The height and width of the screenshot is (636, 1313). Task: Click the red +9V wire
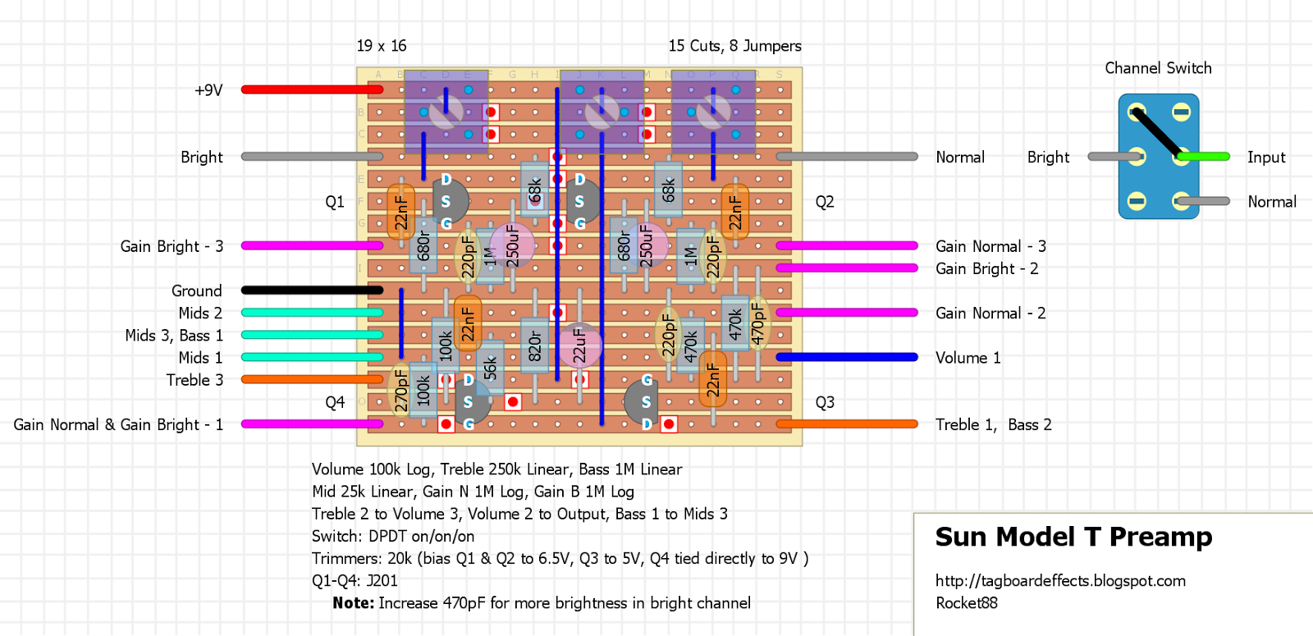312,89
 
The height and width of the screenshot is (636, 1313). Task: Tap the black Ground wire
312,290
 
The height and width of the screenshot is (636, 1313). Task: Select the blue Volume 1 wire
846,357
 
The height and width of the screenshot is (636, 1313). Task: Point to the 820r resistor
534,345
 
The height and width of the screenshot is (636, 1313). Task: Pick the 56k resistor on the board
490,368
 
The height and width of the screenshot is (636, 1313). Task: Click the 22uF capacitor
579,345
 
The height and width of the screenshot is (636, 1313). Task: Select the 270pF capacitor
400,389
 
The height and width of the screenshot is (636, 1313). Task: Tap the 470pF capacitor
757,323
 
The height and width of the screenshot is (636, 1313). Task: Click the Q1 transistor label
335,202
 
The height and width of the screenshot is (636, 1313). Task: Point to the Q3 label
825,402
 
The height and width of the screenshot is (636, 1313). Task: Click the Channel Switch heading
1158,68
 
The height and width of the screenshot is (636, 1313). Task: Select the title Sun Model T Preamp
1073,537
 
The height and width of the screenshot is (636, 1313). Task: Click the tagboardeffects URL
1060,581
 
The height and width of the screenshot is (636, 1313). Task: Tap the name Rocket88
967,603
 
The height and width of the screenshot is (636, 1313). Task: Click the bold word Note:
354,603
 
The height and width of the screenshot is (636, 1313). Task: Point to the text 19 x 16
382,46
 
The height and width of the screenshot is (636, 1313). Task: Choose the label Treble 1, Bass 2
993,424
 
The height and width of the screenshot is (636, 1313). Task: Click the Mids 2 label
200,313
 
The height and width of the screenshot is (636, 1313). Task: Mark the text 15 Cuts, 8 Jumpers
734,46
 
